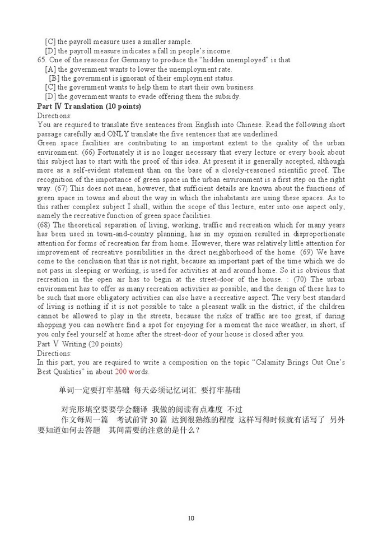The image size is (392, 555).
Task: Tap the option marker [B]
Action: click(54, 78)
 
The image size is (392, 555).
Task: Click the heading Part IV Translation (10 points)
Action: click(89, 106)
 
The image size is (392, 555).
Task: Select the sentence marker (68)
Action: click(44, 225)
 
